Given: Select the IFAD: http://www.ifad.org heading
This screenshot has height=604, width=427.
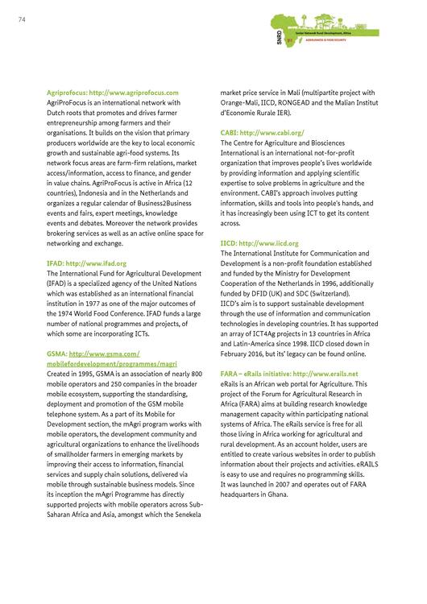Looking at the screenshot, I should [87, 263].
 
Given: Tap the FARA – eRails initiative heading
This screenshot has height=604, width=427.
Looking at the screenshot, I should [289, 374].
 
